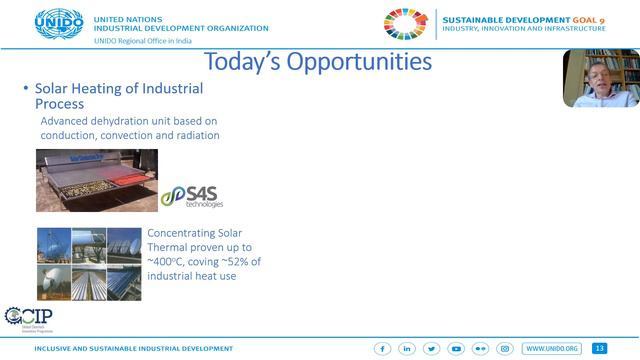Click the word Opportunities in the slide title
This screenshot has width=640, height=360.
coord(359,61)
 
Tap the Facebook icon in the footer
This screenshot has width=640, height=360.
coord(382,349)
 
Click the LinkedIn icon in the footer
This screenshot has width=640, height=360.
coord(407,349)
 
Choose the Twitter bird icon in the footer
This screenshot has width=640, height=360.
coord(431,349)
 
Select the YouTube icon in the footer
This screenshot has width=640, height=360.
coord(456,349)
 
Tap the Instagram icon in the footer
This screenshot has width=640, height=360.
coord(505,349)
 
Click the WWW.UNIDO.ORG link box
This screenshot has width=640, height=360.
coord(551,349)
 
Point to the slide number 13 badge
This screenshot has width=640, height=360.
coord(600,349)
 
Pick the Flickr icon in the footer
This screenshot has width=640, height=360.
coord(480,349)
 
